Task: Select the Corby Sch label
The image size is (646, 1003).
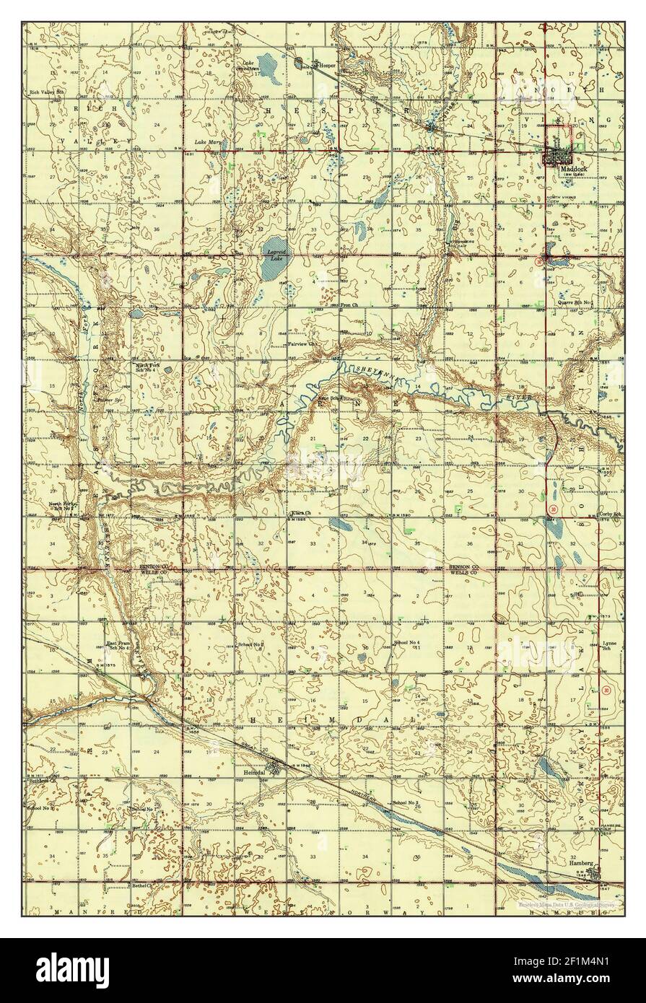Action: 610,514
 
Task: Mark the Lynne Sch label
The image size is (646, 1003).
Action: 610,645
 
